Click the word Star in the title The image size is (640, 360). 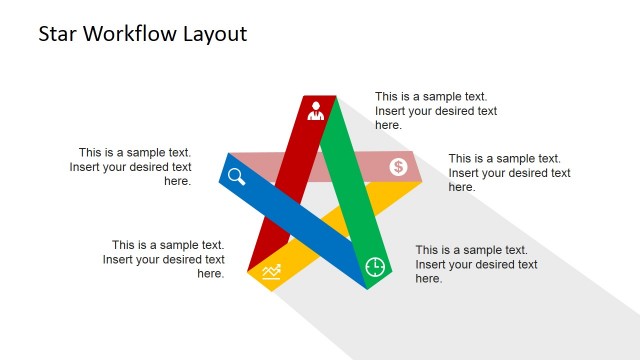[59, 34]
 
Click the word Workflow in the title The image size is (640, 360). [131, 34]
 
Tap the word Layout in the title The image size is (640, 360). [214, 34]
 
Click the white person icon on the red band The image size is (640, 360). [316, 110]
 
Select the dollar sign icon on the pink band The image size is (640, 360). [398, 167]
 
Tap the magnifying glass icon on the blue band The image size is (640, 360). [237, 177]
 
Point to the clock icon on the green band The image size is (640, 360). [375, 266]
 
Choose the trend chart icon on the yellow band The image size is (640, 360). [271, 271]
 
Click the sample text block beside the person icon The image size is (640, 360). [436, 111]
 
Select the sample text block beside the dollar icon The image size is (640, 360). [509, 172]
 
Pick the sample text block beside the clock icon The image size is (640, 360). [476, 264]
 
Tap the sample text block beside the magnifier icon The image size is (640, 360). [131, 167]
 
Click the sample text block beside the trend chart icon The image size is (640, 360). [164, 259]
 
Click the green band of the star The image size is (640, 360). [350, 170]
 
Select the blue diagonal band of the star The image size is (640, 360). [300, 220]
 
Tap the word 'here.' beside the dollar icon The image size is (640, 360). [462, 187]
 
